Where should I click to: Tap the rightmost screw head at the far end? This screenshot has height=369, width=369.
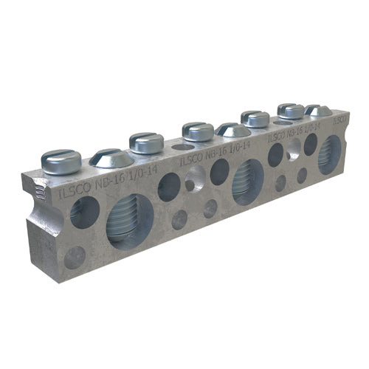pyautogui.click(x=318, y=110)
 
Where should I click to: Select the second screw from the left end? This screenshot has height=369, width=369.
pyautogui.click(x=111, y=156)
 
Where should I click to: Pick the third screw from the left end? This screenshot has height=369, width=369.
pyautogui.click(x=147, y=141)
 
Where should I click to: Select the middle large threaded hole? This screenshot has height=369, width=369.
pyautogui.click(x=248, y=180)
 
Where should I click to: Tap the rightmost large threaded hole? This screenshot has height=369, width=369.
pyautogui.click(x=329, y=154)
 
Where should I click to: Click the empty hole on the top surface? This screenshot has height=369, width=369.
pyautogui.click(x=183, y=148)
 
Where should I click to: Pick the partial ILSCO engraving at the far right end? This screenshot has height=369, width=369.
pyautogui.click(x=339, y=120)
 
